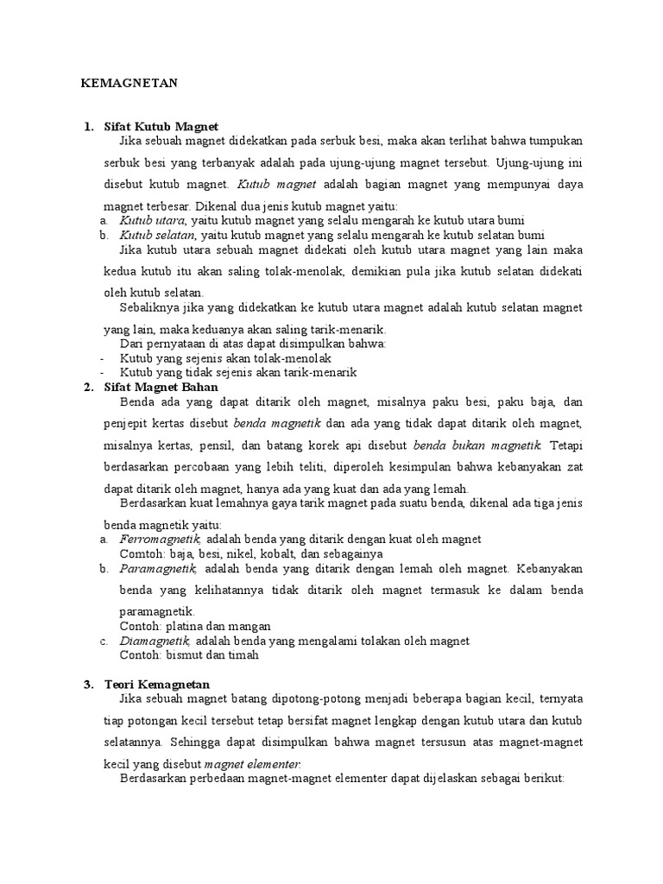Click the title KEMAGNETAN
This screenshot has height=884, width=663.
click(x=129, y=83)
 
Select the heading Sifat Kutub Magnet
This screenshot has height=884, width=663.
click(x=161, y=127)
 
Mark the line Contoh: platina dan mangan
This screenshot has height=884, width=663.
click(x=195, y=626)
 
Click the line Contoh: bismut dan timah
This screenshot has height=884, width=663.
click(x=189, y=655)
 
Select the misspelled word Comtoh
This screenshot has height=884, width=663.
click(x=139, y=554)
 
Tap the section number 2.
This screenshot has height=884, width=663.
click(x=88, y=387)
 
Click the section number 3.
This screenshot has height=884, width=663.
click(x=88, y=685)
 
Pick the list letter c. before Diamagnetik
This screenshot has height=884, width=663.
click(x=104, y=641)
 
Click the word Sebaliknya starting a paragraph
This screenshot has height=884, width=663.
click(x=151, y=307)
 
